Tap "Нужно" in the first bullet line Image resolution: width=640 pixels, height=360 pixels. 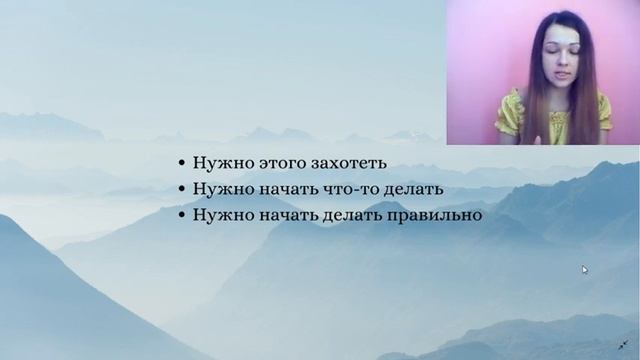pos(219,164)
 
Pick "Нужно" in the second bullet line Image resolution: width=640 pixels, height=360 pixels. pos(219,189)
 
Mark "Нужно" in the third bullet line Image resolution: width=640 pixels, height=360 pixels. pos(219,214)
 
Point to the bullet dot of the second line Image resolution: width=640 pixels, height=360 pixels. pos(181,190)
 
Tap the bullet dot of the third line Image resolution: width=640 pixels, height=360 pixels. pos(181,215)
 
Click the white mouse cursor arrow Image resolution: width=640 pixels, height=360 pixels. pos(585,269)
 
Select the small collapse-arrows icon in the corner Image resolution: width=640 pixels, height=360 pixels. pos(625,344)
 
